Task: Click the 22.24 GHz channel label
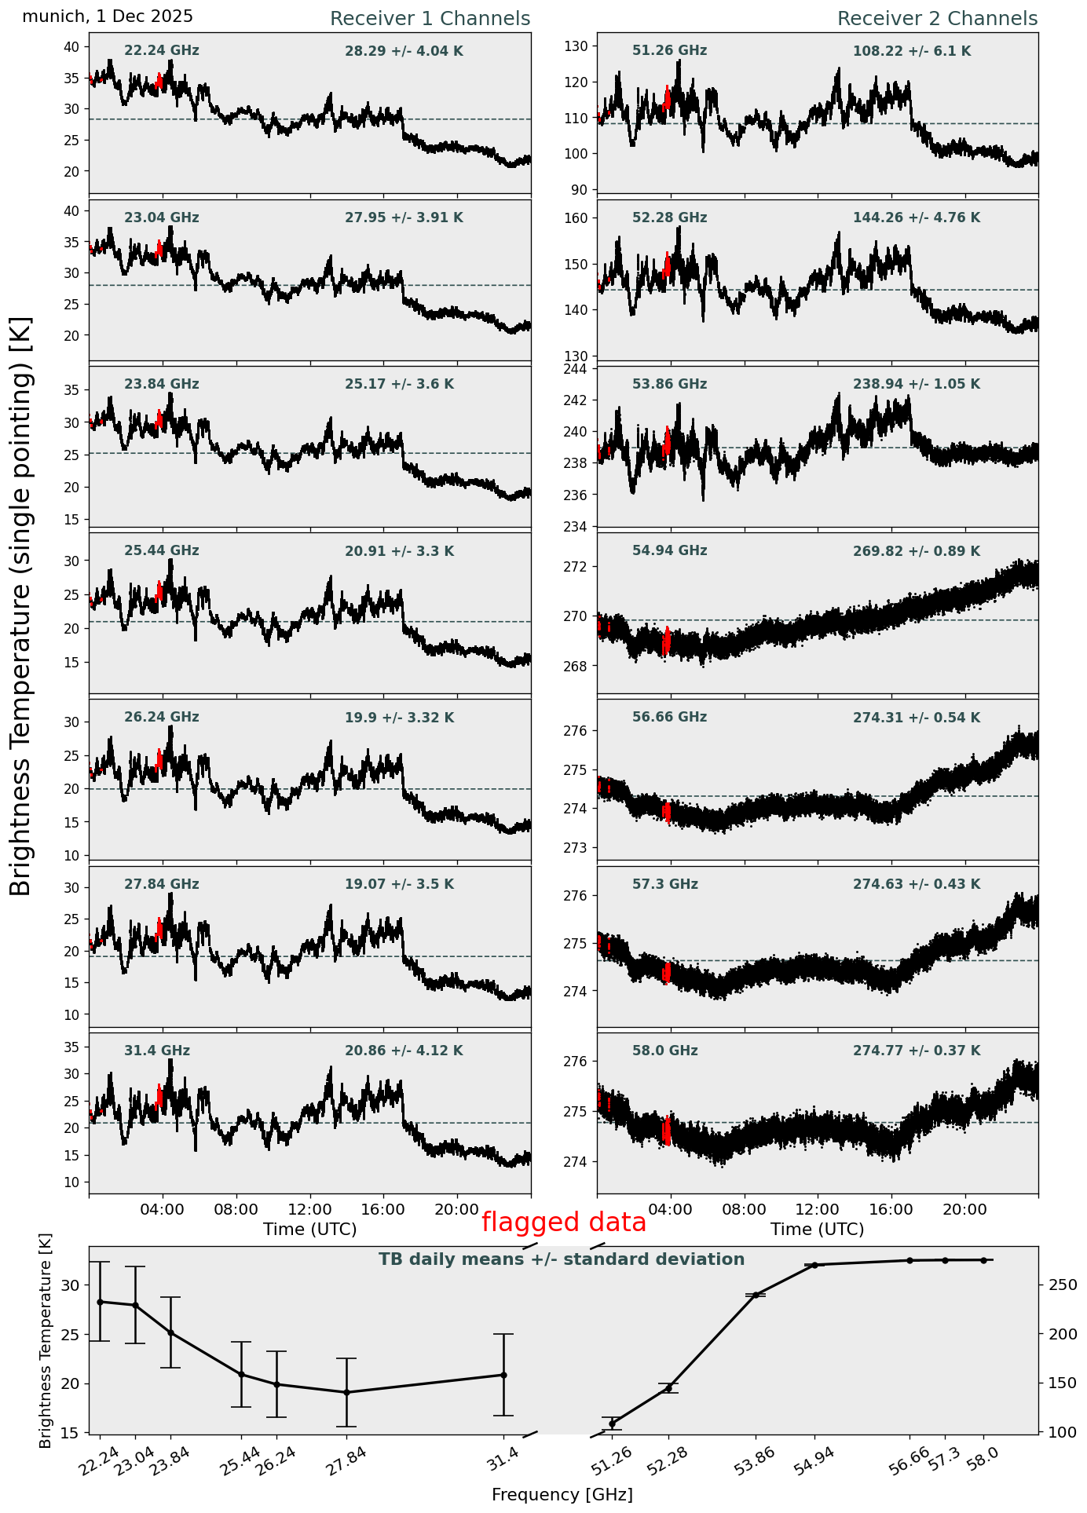tap(161, 51)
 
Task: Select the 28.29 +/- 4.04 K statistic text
tap(404, 51)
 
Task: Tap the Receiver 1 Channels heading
tap(430, 19)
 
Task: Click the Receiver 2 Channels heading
tap(937, 19)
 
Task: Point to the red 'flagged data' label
tap(563, 1222)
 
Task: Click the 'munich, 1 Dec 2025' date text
tap(108, 16)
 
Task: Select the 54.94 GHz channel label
tap(669, 550)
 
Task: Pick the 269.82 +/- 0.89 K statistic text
tap(916, 551)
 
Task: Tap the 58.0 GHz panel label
tap(664, 1051)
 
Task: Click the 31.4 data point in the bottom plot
tap(503, 1375)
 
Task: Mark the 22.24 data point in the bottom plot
tap(100, 1302)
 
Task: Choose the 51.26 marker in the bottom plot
tap(612, 1423)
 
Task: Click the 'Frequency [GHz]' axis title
tap(562, 1494)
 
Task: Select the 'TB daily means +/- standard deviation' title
tap(561, 1259)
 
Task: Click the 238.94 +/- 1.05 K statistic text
tap(916, 384)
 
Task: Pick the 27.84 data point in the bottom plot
tap(346, 1392)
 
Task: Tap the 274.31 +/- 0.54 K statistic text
tap(916, 718)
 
